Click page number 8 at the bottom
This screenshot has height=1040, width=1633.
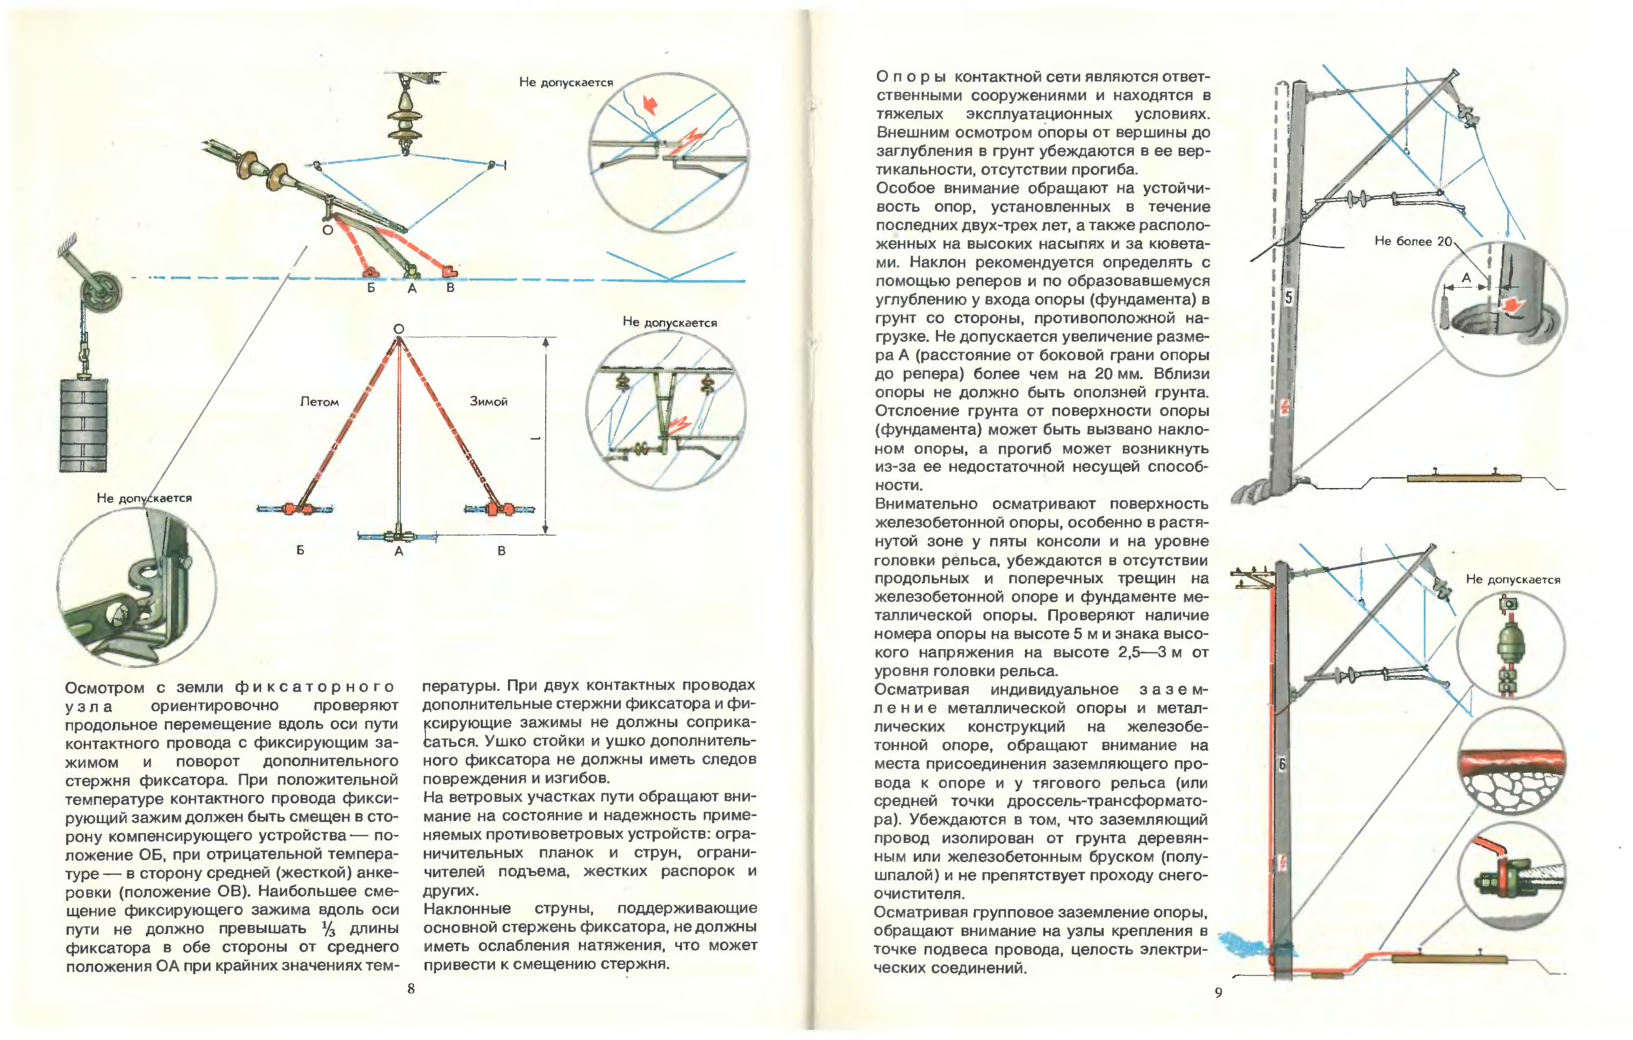[411, 988]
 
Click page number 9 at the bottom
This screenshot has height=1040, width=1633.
[1218, 993]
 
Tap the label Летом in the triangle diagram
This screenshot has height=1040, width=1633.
[319, 402]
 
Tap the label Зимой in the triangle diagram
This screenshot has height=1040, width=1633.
[488, 401]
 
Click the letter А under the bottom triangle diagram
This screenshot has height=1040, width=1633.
[399, 551]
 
